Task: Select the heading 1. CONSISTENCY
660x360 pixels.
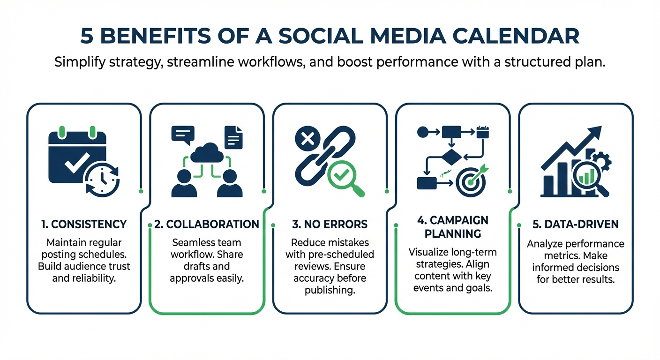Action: click(83, 225)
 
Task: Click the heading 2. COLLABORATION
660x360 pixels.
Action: click(207, 225)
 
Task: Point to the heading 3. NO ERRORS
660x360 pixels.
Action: click(330, 225)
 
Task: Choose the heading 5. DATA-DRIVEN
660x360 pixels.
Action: click(576, 225)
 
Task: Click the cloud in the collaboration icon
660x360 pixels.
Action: click(207, 153)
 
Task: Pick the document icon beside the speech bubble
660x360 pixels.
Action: click(233, 135)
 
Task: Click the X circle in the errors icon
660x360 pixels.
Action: click(307, 139)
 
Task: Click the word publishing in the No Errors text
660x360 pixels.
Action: click(330, 290)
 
